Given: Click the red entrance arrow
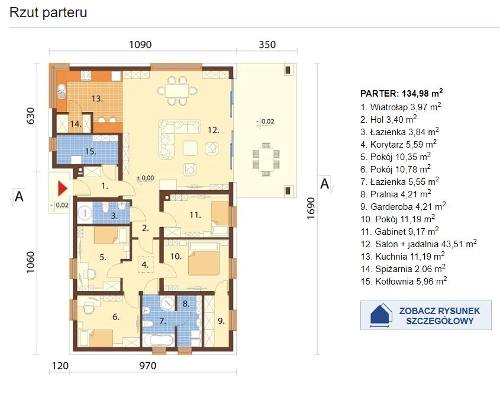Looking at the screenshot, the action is pos(62,188).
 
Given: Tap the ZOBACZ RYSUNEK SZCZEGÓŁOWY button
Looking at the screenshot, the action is pos(425,315).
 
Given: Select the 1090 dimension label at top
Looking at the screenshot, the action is pos(140,44).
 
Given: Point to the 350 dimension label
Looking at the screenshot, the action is pos(267,44).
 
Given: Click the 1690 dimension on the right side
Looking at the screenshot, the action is pos(311,208).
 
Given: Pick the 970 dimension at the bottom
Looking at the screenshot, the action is pos(148,366).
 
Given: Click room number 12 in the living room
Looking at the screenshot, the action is pos(214,130).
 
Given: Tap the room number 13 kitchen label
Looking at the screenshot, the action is pos(97,98).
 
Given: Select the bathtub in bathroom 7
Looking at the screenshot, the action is pos(158,340).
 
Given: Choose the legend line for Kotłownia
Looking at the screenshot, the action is pos(404,281).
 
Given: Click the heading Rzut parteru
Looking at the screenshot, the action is pos(48,12).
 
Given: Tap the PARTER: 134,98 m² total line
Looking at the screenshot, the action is pos(401,93).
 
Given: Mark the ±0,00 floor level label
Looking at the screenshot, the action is pos(145,178).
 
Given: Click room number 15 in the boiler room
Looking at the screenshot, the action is pos(91,151).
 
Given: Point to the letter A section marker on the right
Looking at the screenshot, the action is pos(324,184).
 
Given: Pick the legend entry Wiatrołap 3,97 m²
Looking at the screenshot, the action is pos(401,107).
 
